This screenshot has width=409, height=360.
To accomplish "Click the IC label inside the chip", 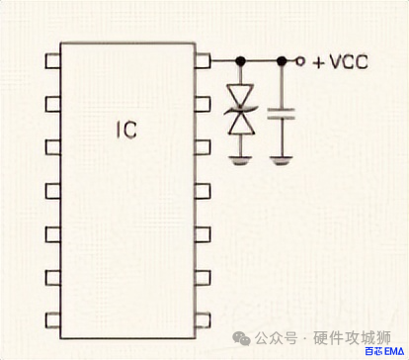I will coord(124,129).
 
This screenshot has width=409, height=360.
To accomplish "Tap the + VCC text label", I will coord(339,61).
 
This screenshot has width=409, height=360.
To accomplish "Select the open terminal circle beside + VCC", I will coord(302,61).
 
